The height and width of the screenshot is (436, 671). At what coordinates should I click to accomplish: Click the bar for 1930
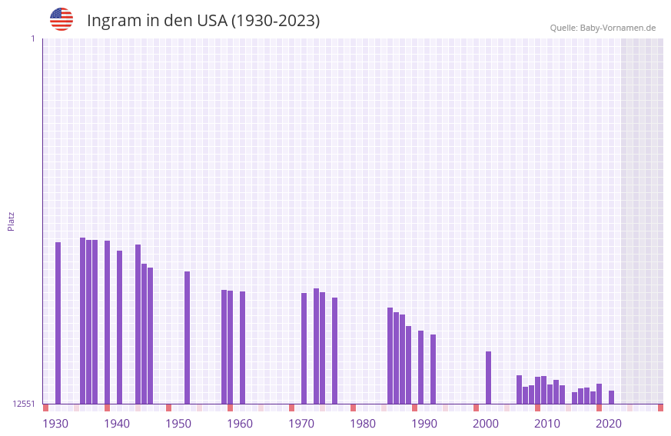point(58,323)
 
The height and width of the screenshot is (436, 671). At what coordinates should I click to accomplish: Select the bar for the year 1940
point(119,327)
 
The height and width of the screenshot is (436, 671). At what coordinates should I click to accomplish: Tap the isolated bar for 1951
point(187,338)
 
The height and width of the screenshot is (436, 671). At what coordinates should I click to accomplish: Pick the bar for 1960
point(242,348)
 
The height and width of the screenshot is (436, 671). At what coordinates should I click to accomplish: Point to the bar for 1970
point(304,348)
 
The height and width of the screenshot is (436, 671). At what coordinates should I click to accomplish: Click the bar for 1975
point(334,351)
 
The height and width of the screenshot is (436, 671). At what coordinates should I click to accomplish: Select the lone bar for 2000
point(488,378)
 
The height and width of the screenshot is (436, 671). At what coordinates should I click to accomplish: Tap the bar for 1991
point(433,369)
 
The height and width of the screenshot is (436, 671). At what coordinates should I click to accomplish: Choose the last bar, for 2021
point(611,397)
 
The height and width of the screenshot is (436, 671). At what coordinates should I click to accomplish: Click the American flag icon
point(61,19)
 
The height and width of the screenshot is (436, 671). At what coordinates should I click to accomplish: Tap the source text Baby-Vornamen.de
point(617,28)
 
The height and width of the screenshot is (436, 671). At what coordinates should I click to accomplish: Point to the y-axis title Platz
point(11,221)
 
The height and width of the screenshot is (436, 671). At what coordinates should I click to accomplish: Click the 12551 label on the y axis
point(25,404)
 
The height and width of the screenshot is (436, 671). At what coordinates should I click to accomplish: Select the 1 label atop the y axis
point(33,38)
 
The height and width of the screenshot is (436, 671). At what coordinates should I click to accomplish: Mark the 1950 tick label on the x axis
point(178,424)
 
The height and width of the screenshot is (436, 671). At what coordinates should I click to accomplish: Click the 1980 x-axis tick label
point(363,424)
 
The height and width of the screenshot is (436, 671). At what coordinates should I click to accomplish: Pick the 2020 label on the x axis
point(609,424)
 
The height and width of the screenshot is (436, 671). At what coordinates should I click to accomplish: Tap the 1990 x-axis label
point(424,424)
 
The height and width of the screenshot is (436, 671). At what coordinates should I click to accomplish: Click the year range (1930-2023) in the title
point(275,21)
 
